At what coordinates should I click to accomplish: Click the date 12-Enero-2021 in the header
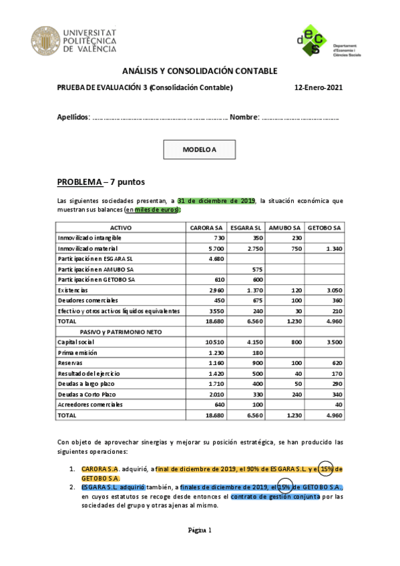pyautogui.click(x=318, y=87)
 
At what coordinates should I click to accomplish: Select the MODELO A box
pyautogui.click(x=200, y=150)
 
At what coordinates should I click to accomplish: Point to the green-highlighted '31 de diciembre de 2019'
pyautogui.click(x=216, y=200)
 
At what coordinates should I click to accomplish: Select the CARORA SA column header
pyautogui.click(x=206, y=228)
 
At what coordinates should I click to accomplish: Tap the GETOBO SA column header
pyautogui.click(x=324, y=228)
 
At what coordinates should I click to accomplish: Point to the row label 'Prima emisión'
pyautogui.click(x=77, y=352)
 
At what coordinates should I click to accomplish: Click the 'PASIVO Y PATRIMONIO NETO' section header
pyautogui.click(x=120, y=331)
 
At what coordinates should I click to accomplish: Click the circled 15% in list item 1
pyautogui.click(x=327, y=468)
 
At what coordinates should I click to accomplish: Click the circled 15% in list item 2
pyautogui.click(x=285, y=487)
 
